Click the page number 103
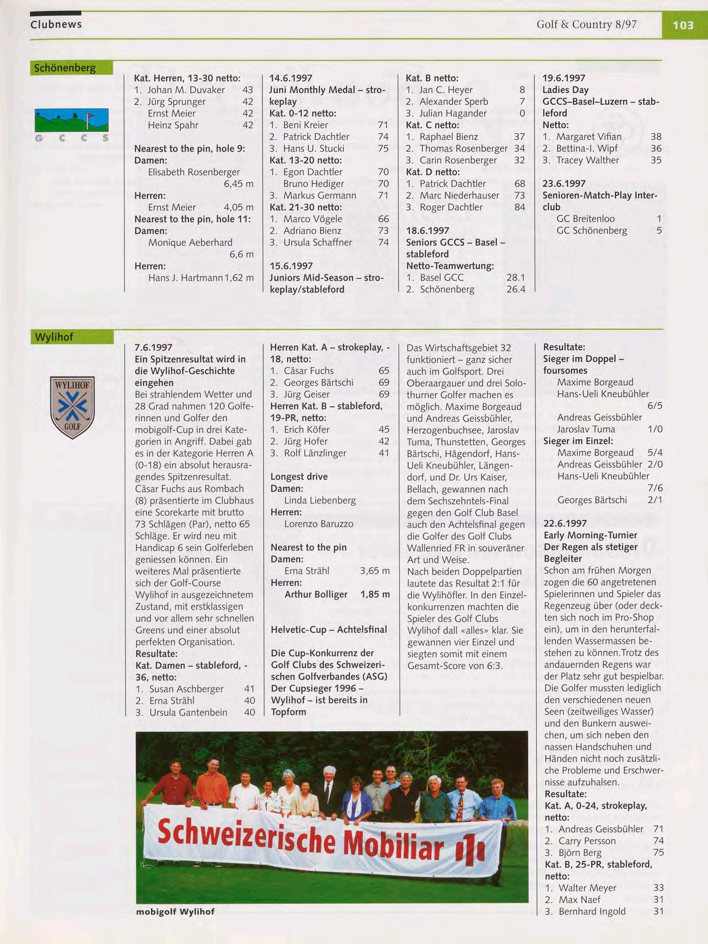[683, 25]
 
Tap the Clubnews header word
[56, 25]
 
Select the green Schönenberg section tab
[71, 68]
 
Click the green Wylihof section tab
[71, 337]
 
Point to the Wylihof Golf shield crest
[73, 406]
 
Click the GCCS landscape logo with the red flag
[71, 120]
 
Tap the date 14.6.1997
[291, 78]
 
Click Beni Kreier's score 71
[383, 125]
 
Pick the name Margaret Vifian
[588, 137]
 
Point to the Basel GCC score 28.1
[516, 278]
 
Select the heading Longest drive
[299, 477]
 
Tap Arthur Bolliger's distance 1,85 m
[375, 594]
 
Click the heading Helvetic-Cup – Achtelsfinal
[329, 630]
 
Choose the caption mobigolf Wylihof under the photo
[175, 912]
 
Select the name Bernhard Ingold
[592, 912]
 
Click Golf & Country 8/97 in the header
[586, 25]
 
